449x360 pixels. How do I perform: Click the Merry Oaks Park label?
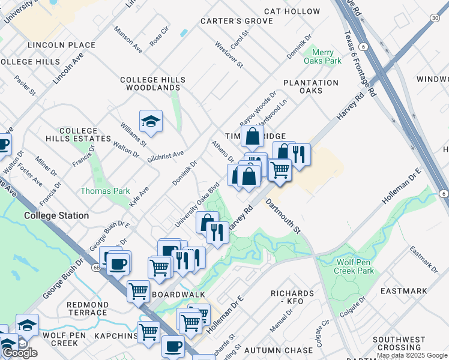pyautogui.click(x=327, y=57)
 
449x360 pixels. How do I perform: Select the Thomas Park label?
pyautogui.click(x=106, y=191)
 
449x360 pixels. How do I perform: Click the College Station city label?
pyautogui.click(x=56, y=215)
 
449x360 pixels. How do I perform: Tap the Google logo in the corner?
pyautogui.click(x=20, y=353)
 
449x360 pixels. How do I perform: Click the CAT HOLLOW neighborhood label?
pyautogui.click(x=292, y=11)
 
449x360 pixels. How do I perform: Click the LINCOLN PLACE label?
pyautogui.click(x=61, y=45)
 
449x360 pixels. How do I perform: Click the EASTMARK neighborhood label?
pyautogui.click(x=404, y=291)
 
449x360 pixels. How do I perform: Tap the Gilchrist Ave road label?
pyautogui.click(x=165, y=156)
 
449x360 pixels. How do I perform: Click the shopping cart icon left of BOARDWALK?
pyautogui.click(x=139, y=291)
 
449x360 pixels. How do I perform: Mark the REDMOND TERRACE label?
pyautogui.click(x=88, y=308)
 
